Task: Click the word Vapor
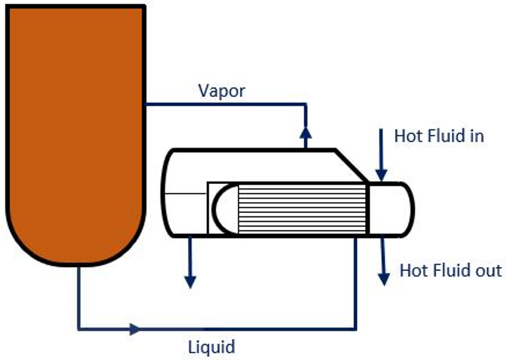tap(222, 91)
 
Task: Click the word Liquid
tap(212, 347)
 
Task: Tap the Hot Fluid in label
tap(439, 136)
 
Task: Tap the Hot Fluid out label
tap(450, 270)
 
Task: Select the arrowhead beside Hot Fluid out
tap(384, 277)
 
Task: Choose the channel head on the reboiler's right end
tap(391, 209)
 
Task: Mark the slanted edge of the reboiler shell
tap(351, 165)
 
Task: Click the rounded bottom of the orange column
tap(75, 243)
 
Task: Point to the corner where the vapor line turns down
tap(306, 104)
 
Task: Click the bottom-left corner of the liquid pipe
tap(79, 329)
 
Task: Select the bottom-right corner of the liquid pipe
tap(355, 329)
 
